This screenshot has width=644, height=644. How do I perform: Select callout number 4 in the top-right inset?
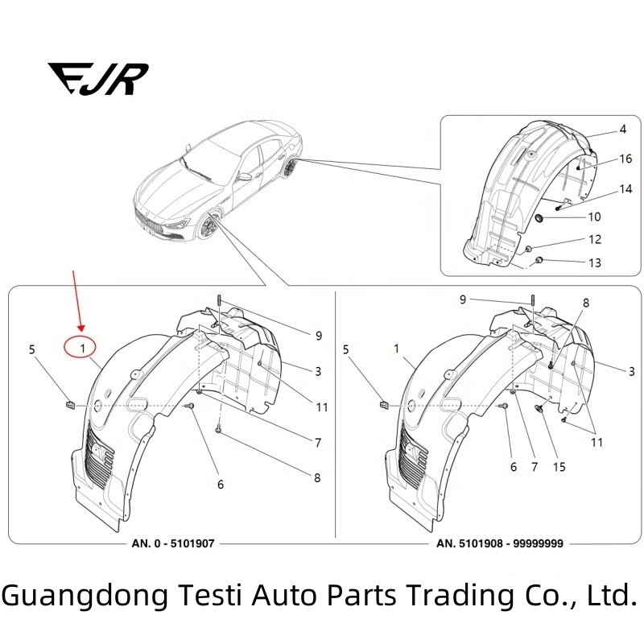click(622, 130)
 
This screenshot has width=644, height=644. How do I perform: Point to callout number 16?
click(625, 159)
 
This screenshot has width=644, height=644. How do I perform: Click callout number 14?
click(625, 188)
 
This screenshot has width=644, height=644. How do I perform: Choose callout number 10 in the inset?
click(594, 217)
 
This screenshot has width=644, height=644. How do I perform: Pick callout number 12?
click(594, 240)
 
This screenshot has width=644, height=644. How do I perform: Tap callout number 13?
click(594, 263)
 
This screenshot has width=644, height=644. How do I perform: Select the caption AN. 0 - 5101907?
click(173, 543)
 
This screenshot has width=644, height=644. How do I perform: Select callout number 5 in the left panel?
click(32, 349)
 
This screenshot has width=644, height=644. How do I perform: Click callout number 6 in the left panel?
click(220, 485)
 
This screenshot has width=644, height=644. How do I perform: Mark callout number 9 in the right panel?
click(463, 299)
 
